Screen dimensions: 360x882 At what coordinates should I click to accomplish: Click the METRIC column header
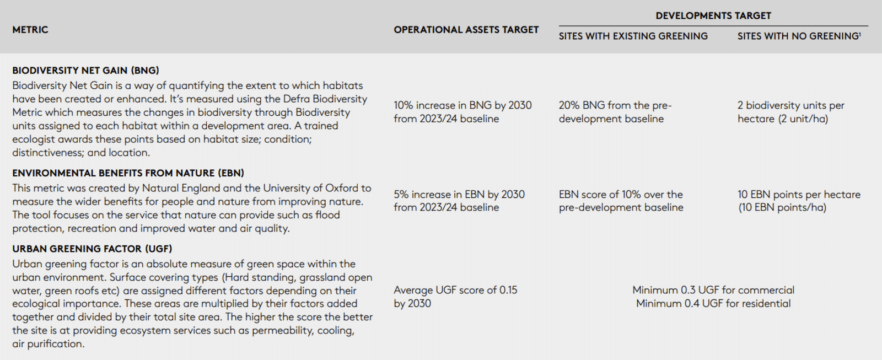pyautogui.click(x=30, y=30)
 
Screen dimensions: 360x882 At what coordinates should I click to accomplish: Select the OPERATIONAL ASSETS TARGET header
pyautogui.click(x=466, y=30)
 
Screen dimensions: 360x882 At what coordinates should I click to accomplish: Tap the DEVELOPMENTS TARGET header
pyautogui.click(x=713, y=15)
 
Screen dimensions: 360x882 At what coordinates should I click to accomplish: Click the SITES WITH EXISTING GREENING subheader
pyautogui.click(x=633, y=36)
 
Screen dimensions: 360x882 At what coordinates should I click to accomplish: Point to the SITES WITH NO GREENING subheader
pyautogui.click(x=798, y=36)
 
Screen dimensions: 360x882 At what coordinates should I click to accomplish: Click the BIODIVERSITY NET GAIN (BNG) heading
pyautogui.click(x=85, y=71)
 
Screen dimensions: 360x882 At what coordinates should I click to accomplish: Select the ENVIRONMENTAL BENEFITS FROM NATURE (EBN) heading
pyautogui.click(x=128, y=173)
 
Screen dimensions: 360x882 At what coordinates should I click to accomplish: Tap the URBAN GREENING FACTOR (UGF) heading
pyautogui.click(x=92, y=249)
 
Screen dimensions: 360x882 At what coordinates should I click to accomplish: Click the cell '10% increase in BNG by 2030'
pyautogui.click(x=462, y=112)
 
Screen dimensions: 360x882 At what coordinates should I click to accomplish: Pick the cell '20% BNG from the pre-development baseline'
pyautogui.click(x=615, y=112)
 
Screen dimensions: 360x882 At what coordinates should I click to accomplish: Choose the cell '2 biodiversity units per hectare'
pyautogui.click(x=790, y=112)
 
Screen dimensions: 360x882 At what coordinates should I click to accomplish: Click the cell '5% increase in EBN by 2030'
pyautogui.click(x=459, y=201)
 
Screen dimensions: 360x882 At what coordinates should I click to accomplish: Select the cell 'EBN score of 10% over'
pyautogui.click(x=621, y=201)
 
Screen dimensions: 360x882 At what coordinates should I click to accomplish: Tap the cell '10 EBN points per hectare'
pyautogui.click(x=799, y=201)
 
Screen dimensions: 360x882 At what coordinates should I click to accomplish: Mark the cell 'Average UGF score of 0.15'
pyautogui.click(x=455, y=297)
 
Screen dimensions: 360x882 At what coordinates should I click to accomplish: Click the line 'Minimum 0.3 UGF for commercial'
pyautogui.click(x=713, y=290)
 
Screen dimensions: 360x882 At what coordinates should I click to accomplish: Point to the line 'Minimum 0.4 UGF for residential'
pyautogui.click(x=713, y=303)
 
